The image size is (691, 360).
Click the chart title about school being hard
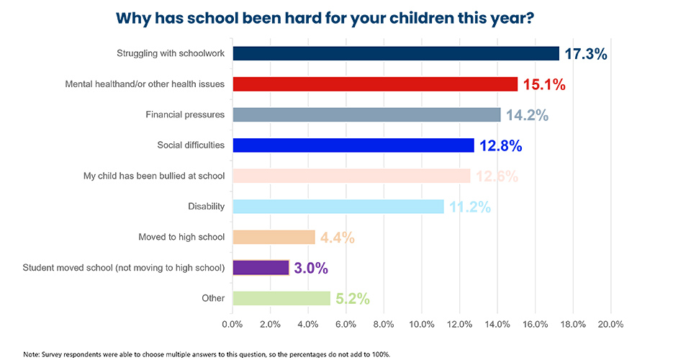pyautogui.click(x=325, y=17)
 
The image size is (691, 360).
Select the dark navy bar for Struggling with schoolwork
pyautogui.click(x=395, y=53)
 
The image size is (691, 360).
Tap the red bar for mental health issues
pyautogui.click(x=374, y=84)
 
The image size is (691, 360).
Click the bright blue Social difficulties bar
pyautogui.click(x=353, y=145)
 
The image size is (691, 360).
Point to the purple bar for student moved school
pyautogui.click(x=261, y=268)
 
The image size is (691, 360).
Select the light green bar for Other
pyautogui.click(x=281, y=298)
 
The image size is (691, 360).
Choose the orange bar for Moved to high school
pyautogui.click(x=274, y=237)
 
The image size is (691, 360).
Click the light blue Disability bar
pyautogui.click(x=338, y=207)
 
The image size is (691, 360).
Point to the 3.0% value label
pyautogui.click(x=311, y=269)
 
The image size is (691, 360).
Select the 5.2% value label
pyautogui.click(x=352, y=299)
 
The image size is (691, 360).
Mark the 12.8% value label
pyautogui.click(x=500, y=146)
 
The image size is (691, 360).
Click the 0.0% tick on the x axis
pyautogui.click(x=232, y=325)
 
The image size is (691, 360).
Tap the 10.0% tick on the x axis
pyautogui.click(x=421, y=325)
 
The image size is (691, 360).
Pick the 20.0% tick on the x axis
pyautogui.click(x=610, y=325)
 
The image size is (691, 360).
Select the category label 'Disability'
pyautogui.click(x=206, y=207)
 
